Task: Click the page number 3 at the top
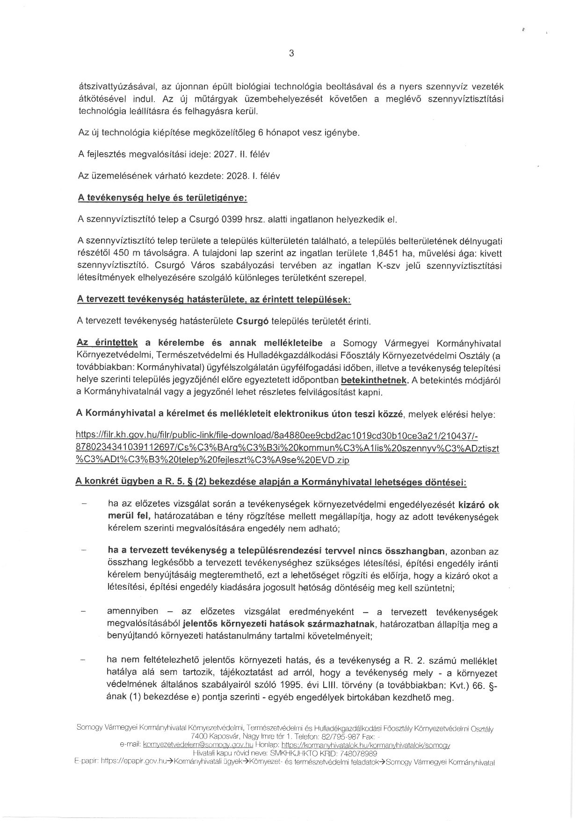coord(291,53)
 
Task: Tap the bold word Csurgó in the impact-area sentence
coord(252,321)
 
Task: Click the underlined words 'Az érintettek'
coord(108,343)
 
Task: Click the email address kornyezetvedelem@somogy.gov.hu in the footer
coord(198,745)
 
